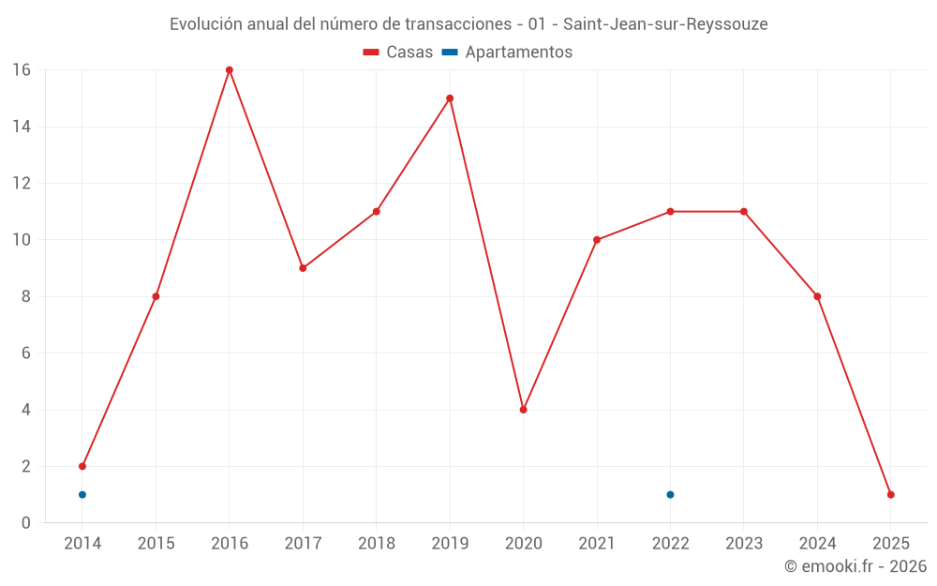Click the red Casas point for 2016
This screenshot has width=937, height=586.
click(230, 70)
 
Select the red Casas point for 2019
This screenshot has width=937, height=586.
click(450, 98)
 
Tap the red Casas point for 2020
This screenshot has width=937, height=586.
click(523, 410)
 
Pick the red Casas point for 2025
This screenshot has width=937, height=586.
click(890, 494)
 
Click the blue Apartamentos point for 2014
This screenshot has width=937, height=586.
click(82, 494)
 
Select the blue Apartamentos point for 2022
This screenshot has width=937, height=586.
click(670, 494)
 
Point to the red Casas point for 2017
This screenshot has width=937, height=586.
click(303, 268)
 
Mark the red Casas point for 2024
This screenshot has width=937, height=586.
click(817, 296)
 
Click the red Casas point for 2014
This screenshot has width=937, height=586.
click(82, 466)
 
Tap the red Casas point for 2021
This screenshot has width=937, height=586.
click(597, 240)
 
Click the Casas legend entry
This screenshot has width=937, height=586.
click(398, 53)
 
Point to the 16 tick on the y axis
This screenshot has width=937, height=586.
click(21, 70)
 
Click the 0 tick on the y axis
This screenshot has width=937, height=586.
click(26, 523)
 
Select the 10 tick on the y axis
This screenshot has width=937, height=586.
click(21, 240)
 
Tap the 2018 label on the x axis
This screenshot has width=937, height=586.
click(377, 544)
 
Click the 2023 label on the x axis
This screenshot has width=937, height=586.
click(744, 544)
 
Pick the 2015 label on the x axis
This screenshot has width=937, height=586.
click(156, 544)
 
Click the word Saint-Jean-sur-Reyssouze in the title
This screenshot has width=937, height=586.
click(665, 24)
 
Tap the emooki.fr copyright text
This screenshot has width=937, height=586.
click(855, 566)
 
